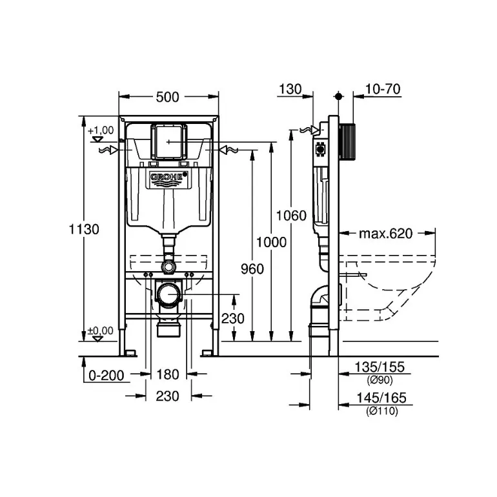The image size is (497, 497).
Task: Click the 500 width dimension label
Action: tap(167, 97)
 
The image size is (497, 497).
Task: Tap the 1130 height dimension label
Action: tap(84, 229)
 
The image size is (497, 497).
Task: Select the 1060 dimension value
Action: tap(291, 216)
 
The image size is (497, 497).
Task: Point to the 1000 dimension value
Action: tap(271, 242)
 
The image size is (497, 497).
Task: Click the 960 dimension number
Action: tap(252, 269)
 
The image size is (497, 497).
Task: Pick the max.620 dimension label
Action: tap(386, 234)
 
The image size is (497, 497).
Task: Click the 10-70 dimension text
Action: tap(383, 89)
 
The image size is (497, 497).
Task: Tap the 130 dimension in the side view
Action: tap(290, 89)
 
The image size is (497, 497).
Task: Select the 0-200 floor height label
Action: tap(107, 375)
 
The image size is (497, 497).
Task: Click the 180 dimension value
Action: tap(168, 374)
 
